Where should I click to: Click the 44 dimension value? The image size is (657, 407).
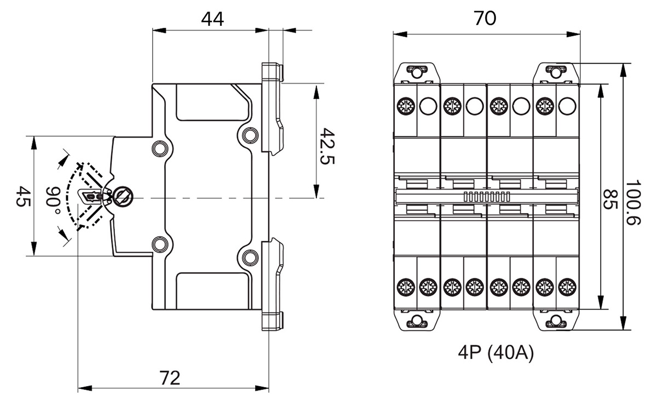point(212,19)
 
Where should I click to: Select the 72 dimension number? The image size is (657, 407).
point(170,378)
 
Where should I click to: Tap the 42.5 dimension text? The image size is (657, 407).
point(327,146)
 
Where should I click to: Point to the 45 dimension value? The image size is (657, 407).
point(23,196)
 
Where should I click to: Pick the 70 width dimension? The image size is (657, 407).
point(485,18)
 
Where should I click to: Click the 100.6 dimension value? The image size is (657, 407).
point(633,203)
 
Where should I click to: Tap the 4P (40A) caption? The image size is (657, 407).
point(496,352)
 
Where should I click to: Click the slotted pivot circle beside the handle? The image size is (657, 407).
point(123,196)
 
